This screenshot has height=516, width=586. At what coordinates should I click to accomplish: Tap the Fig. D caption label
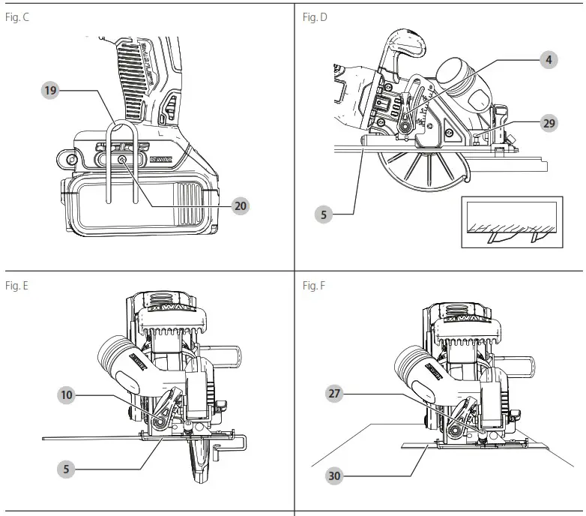click(315, 16)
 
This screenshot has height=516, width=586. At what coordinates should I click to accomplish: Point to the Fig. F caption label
click(314, 285)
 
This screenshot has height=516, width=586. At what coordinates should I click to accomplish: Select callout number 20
click(240, 205)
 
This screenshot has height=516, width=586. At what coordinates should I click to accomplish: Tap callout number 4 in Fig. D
click(549, 59)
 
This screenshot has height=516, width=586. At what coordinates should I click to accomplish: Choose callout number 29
click(549, 124)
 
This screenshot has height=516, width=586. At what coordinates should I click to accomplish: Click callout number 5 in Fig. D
click(324, 214)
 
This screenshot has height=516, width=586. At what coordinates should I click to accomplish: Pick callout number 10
click(67, 393)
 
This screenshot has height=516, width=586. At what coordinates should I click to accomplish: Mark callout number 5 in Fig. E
click(67, 469)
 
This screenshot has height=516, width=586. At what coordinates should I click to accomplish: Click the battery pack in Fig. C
click(139, 202)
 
